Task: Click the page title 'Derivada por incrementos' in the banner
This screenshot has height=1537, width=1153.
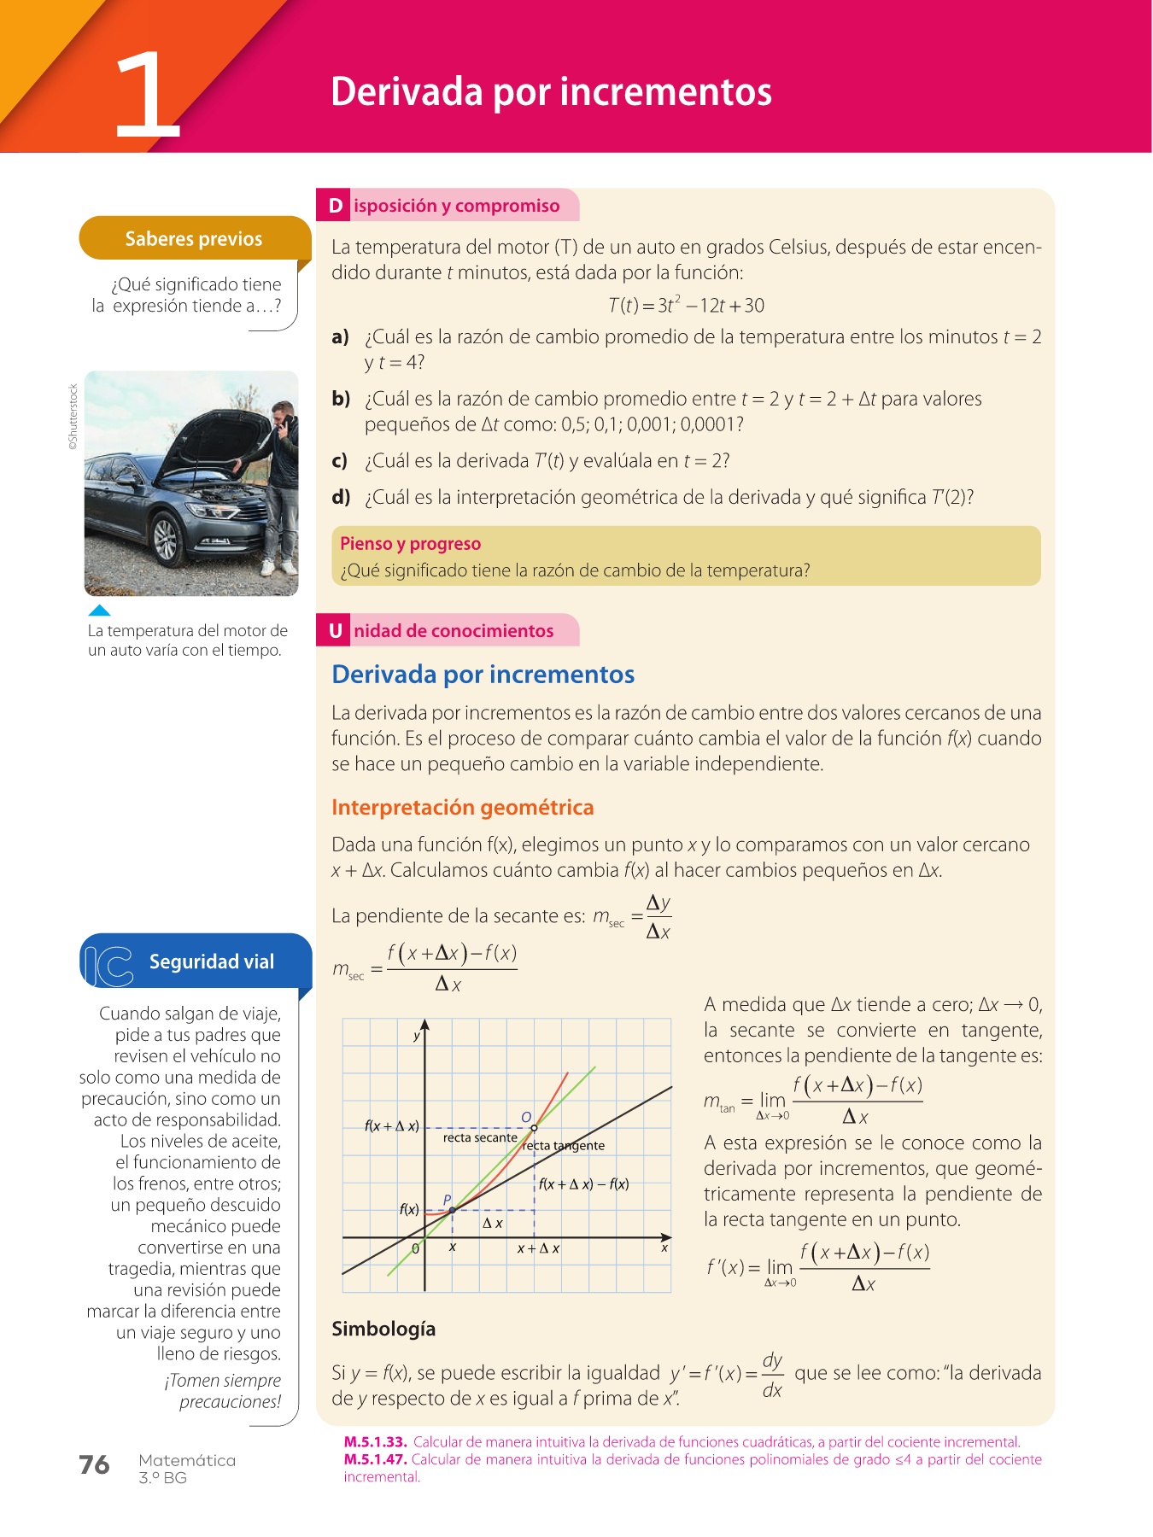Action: [551, 91]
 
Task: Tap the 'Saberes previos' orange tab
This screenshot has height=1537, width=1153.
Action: [194, 238]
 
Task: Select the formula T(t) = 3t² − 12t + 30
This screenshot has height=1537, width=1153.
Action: [686, 305]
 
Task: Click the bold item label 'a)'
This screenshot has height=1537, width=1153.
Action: [341, 336]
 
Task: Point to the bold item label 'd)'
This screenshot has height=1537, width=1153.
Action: [341, 497]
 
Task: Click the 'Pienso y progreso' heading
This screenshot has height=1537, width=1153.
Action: [410, 544]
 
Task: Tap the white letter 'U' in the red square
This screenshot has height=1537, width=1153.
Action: [335, 631]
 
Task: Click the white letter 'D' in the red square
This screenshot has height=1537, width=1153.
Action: [335, 206]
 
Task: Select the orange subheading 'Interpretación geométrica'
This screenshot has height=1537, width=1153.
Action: [462, 807]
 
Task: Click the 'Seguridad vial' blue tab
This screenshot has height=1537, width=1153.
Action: [211, 961]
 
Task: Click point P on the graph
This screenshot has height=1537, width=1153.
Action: [452, 1210]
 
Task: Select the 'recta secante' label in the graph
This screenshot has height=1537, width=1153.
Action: [479, 1137]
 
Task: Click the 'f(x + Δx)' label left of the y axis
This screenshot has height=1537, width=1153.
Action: [391, 1126]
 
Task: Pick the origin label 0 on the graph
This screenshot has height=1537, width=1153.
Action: [416, 1248]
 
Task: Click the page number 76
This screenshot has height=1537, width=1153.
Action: [94, 1464]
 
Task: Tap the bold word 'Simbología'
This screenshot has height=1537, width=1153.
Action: [383, 1329]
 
